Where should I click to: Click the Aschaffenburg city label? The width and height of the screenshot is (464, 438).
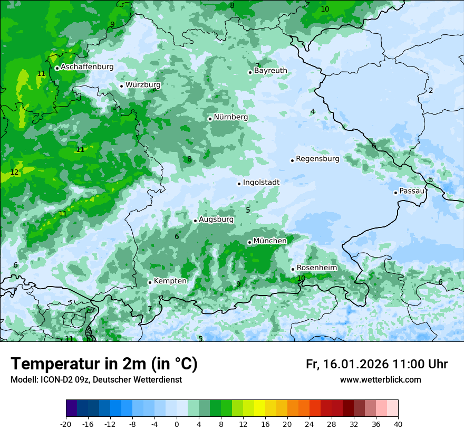click(87, 67)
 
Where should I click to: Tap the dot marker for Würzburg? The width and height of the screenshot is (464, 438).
click(121, 86)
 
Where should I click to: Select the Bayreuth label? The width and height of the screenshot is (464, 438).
click(270, 70)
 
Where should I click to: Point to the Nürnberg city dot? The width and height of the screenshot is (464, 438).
click(210, 119)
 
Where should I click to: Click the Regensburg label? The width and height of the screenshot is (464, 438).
click(317, 158)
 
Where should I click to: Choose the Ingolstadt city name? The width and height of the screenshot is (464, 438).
click(261, 182)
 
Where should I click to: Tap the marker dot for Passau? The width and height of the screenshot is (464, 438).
click(395, 193)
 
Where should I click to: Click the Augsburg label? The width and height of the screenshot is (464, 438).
click(216, 219)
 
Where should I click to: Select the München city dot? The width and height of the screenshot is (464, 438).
click(249, 243)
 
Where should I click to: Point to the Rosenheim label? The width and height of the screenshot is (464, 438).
click(316, 268)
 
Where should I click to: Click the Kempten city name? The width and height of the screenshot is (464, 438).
click(170, 281)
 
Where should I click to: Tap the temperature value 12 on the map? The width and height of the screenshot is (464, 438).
click(14, 173)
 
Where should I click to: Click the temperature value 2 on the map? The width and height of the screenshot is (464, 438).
click(430, 90)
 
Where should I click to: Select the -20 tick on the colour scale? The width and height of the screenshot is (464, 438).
click(66, 424)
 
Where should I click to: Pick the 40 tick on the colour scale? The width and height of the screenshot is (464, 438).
click(398, 424)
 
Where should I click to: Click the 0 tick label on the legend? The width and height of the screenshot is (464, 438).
click(177, 424)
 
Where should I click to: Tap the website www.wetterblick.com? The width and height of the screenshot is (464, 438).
click(380, 380)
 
